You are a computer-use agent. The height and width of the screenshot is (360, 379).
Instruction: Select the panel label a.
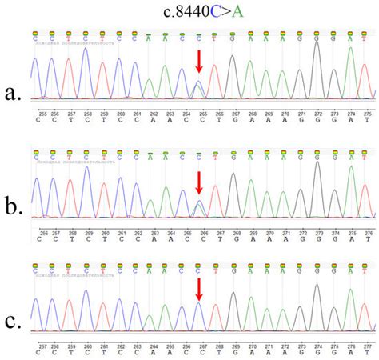[x=14, y=94]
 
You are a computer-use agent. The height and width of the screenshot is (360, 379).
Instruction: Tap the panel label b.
[x=14, y=209]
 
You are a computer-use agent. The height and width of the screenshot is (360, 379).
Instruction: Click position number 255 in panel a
[x=38, y=114]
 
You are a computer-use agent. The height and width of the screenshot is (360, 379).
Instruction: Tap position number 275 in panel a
[x=367, y=114]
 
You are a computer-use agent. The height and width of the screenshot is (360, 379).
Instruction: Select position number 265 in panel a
[x=203, y=114]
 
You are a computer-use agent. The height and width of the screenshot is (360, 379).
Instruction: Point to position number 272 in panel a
[x=317, y=114]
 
